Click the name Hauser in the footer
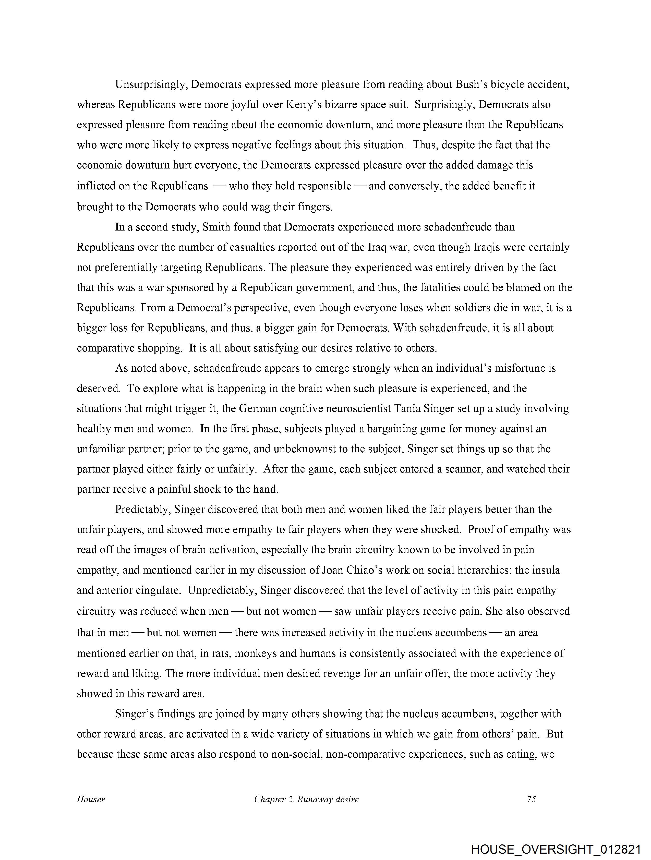pyautogui.click(x=91, y=799)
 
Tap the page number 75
pyautogui.click(x=531, y=799)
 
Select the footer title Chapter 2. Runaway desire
pyautogui.click(x=306, y=799)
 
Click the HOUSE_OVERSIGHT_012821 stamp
pyautogui.click(x=556, y=849)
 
